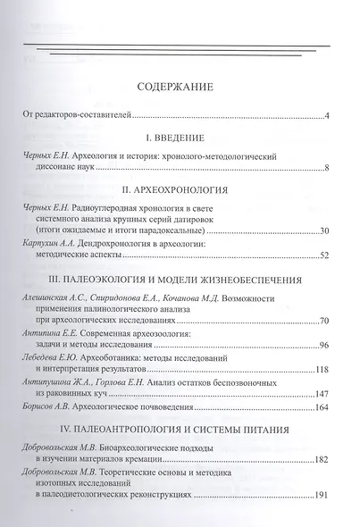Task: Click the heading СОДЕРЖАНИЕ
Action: pyautogui.click(x=180, y=88)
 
